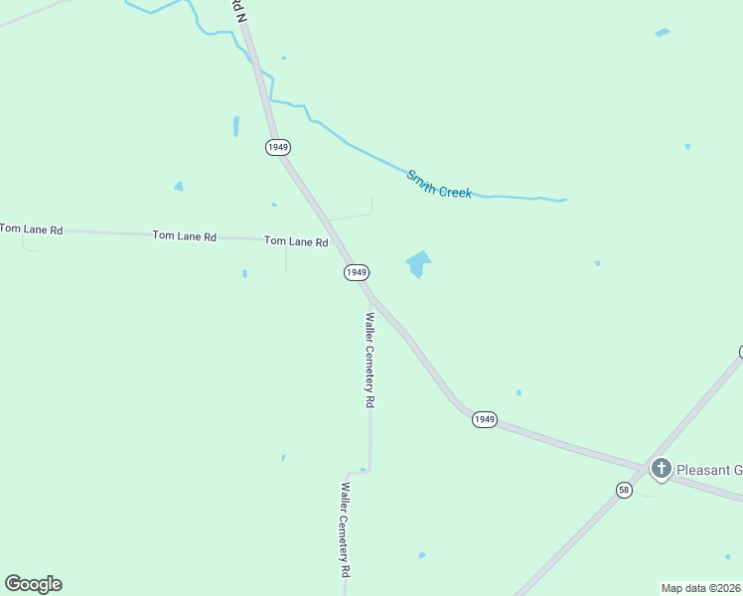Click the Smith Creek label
[x=438, y=184]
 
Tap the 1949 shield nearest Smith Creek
[x=278, y=147]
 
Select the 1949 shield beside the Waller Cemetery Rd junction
[x=357, y=272]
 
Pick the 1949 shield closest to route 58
[x=484, y=419]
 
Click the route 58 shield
[x=624, y=490]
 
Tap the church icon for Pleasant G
[x=662, y=469]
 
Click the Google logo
[x=33, y=584]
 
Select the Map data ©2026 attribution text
[x=701, y=587]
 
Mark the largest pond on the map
[x=418, y=263]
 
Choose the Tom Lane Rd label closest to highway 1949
[x=296, y=241]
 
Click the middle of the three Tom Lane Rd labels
[x=184, y=236]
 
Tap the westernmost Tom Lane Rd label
[x=31, y=229]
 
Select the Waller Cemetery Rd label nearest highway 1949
[x=370, y=361]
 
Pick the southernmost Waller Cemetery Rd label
[x=346, y=530]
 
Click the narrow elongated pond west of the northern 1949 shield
[x=236, y=126]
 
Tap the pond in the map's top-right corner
[x=663, y=33]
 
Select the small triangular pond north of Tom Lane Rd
[x=179, y=186]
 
